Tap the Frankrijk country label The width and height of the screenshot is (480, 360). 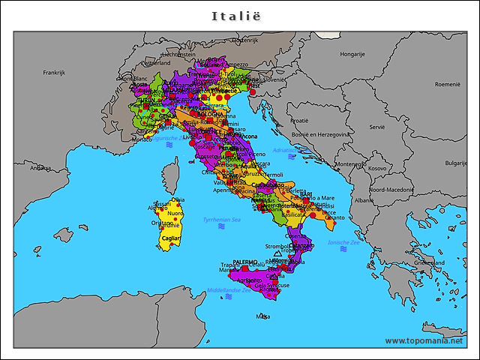(55, 73)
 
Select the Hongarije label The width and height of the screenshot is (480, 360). (352, 54)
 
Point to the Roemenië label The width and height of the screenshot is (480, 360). (448, 85)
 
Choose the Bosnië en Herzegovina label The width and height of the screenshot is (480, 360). (320, 134)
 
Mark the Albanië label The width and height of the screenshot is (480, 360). (364, 201)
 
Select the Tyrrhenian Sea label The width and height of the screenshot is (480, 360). (222, 220)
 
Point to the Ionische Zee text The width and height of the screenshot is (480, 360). (344, 242)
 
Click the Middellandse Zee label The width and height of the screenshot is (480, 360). (229, 290)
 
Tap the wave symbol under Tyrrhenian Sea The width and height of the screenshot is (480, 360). (222, 227)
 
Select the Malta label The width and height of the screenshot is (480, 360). (262, 316)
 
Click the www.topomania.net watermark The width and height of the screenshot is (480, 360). (424, 340)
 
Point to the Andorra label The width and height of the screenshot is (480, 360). (40, 168)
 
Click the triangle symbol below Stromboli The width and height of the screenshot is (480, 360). (278, 253)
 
